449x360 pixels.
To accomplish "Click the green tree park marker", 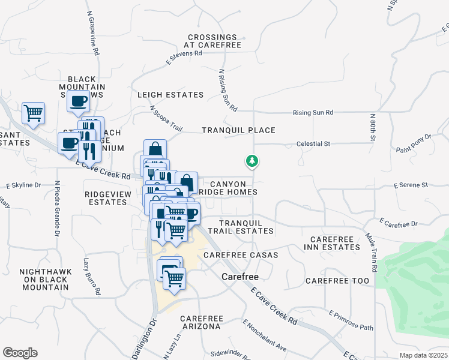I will (x=252, y=161).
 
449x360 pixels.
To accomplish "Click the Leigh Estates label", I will (x=170, y=95).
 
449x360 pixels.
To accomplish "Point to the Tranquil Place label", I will (x=238, y=130).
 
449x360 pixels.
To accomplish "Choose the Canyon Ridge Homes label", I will (x=228, y=188).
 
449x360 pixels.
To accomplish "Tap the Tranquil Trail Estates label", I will (x=241, y=226).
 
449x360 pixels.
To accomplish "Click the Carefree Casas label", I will (x=241, y=255).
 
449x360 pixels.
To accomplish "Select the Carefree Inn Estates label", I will (x=332, y=243).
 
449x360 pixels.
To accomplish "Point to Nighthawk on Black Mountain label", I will (x=45, y=280).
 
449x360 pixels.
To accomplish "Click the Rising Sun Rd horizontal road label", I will (x=313, y=112).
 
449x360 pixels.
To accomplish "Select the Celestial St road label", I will (x=314, y=144).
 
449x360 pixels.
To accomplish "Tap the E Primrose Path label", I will (x=351, y=320).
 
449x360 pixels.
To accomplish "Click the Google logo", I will (x=20, y=353).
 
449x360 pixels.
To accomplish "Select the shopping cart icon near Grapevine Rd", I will (x=34, y=112).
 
